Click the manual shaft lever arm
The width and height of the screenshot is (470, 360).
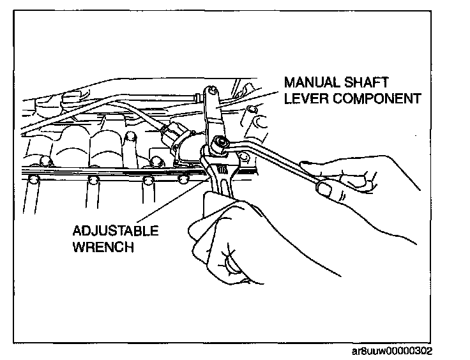213,118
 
